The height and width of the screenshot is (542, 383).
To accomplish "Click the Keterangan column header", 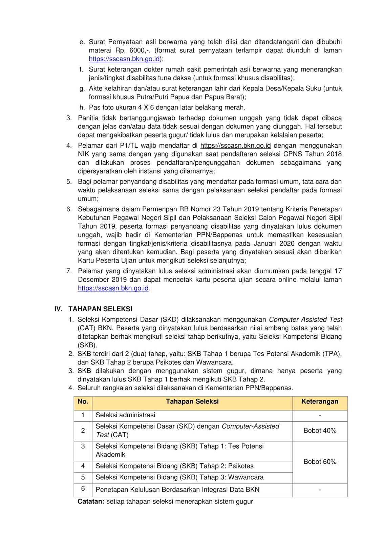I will tap(320, 401).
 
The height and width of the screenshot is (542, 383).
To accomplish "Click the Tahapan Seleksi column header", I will tap(192, 401).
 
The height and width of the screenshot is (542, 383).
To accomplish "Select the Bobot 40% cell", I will tap(320, 431).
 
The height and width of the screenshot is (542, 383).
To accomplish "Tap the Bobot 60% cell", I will tap(320, 462).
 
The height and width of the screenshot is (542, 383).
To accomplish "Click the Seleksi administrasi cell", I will tap(125, 415).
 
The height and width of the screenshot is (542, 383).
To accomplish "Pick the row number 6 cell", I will tap(83, 488).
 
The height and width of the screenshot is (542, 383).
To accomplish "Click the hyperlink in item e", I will tap(124, 59).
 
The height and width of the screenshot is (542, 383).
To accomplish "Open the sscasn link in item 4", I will tap(235, 146).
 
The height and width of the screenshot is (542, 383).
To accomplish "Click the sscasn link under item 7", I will tap(113, 288).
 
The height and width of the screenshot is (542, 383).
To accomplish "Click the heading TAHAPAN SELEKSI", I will tap(100, 309).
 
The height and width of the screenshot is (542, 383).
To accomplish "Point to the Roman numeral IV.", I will tap(59, 309).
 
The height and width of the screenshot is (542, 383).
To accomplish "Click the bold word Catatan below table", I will tap(91, 501).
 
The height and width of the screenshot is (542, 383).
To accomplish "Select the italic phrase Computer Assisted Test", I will tap(305, 319).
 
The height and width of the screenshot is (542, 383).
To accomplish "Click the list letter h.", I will tap(82, 107).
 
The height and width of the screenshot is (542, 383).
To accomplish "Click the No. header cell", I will tap(83, 401).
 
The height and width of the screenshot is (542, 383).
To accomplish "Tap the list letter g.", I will tap(82, 89).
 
